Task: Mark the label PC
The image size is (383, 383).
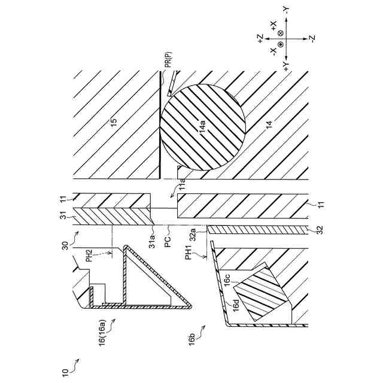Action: pos(169,245)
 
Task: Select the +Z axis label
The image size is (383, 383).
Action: pos(261,38)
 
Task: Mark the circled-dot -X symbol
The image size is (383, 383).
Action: pos(279,45)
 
